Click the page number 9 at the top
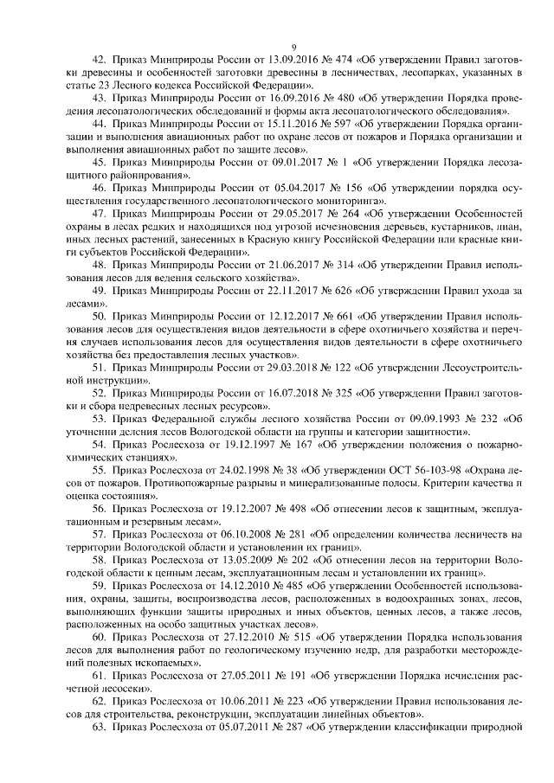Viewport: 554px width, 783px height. [x=293, y=47]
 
